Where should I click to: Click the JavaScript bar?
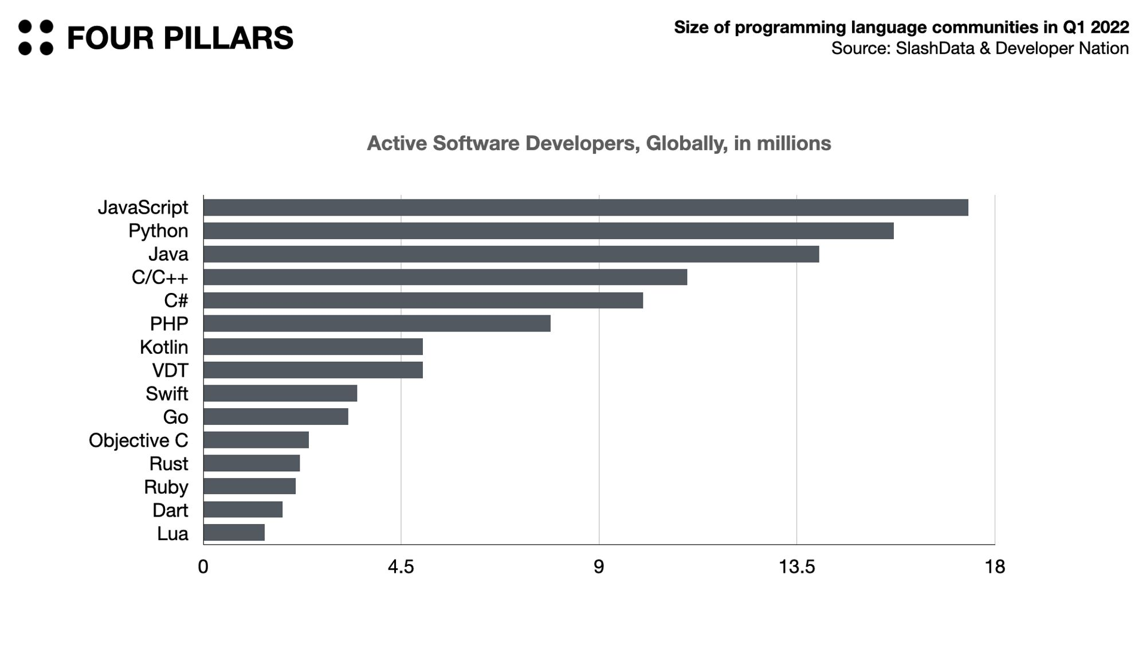[586, 208]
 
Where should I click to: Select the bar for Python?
[548, 231]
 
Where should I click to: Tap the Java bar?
[511, 254]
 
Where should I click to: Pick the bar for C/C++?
[445, 277]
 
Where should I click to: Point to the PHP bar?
[377, 323]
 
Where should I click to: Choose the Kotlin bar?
[313, 347]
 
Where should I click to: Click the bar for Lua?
[234, 533]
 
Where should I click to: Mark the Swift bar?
[280, 393]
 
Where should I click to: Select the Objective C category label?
[138, 440]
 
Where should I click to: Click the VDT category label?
[170, 370]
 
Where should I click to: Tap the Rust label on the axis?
[168, 463]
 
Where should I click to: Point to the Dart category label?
[170, 510]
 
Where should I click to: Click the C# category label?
[176, 300]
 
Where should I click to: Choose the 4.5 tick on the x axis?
[401, 567]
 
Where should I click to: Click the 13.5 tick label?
[796, 567]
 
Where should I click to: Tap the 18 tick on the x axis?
[995, 567]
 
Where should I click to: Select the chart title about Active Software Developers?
[599, 143]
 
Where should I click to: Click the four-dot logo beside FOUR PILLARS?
[36, 38]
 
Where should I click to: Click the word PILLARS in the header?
[228, 38]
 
